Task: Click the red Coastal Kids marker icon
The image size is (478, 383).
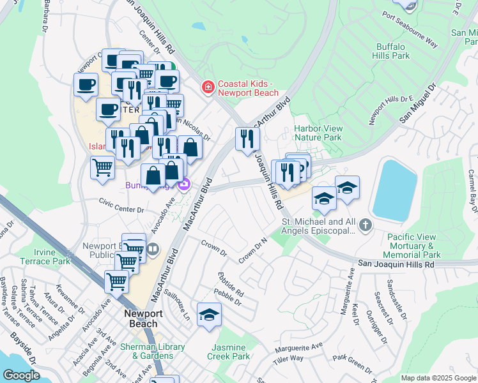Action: [207, 87]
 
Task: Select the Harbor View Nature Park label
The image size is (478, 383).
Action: [318, 133]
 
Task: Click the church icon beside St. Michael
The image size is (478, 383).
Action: [365, 225]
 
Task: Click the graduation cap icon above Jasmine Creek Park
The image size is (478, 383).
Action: [209, 315]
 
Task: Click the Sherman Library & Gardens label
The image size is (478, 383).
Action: [153, 351]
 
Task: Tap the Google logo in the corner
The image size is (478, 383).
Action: [20, 375]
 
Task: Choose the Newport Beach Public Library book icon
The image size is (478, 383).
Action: [152, 249]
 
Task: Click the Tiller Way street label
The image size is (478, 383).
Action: [287, 357]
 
